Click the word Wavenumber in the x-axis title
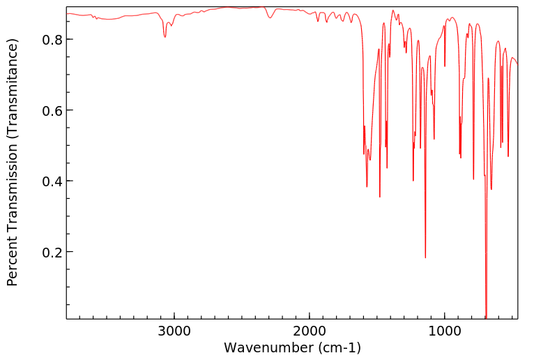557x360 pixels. (268, 347)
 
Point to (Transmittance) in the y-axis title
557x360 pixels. (13, 88)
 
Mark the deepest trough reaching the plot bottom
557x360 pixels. (486, 316)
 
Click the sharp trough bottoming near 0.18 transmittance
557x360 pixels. (425, 257)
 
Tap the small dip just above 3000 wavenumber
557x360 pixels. (165, 36)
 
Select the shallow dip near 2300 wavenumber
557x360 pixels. (270, 17)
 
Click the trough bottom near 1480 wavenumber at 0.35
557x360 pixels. (380, 197)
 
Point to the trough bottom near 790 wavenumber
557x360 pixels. (473, 179)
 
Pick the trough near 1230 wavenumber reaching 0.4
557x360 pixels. (413, 181)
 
